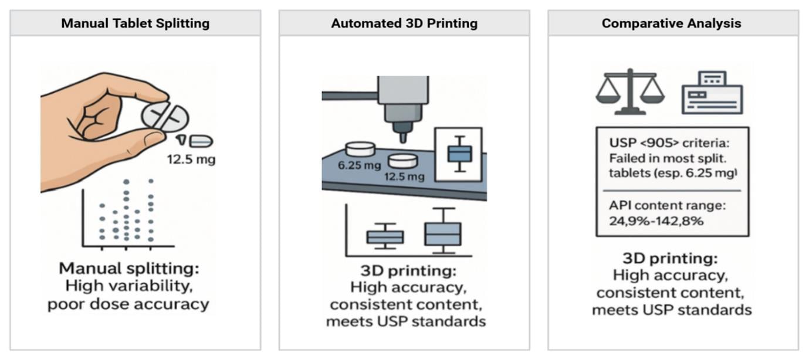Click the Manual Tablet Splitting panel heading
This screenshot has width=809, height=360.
(x=135, y=23)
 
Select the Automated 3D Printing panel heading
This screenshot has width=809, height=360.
(x=404, y=23)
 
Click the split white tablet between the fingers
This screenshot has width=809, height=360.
(x=166, y=116)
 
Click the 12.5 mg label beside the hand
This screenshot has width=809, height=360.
(x=190, y=159)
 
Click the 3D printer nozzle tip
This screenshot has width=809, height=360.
(x=403, y=138)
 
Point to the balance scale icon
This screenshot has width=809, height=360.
(x=630, y=92)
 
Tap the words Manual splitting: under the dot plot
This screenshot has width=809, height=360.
(x=129, y=269)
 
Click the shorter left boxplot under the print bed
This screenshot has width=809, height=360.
(x=385, y=236)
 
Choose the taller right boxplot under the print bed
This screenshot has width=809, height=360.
(x=443, y=232)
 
